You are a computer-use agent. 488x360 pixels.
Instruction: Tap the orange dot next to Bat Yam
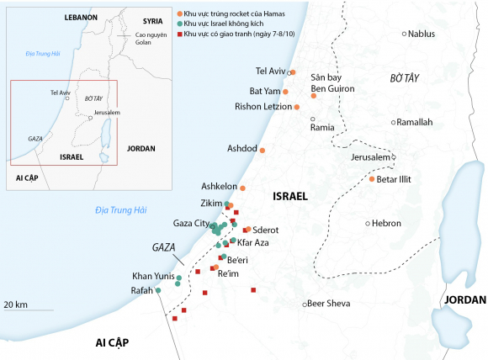point(286,90)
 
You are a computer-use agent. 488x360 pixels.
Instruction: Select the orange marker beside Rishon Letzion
point(297,107)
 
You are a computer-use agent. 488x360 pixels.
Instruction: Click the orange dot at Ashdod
point(263,150)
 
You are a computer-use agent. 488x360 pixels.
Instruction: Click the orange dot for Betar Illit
point(372,179)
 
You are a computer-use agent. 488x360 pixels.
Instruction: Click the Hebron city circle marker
point(368,224)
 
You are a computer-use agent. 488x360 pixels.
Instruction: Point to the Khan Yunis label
point(152,276)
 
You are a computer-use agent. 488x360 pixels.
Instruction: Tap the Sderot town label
point(267,229)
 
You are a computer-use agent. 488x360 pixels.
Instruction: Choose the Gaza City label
point(190,224)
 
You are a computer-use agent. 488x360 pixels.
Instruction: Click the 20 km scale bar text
point(16,304)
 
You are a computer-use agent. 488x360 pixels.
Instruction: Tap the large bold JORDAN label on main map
point(465,299)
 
